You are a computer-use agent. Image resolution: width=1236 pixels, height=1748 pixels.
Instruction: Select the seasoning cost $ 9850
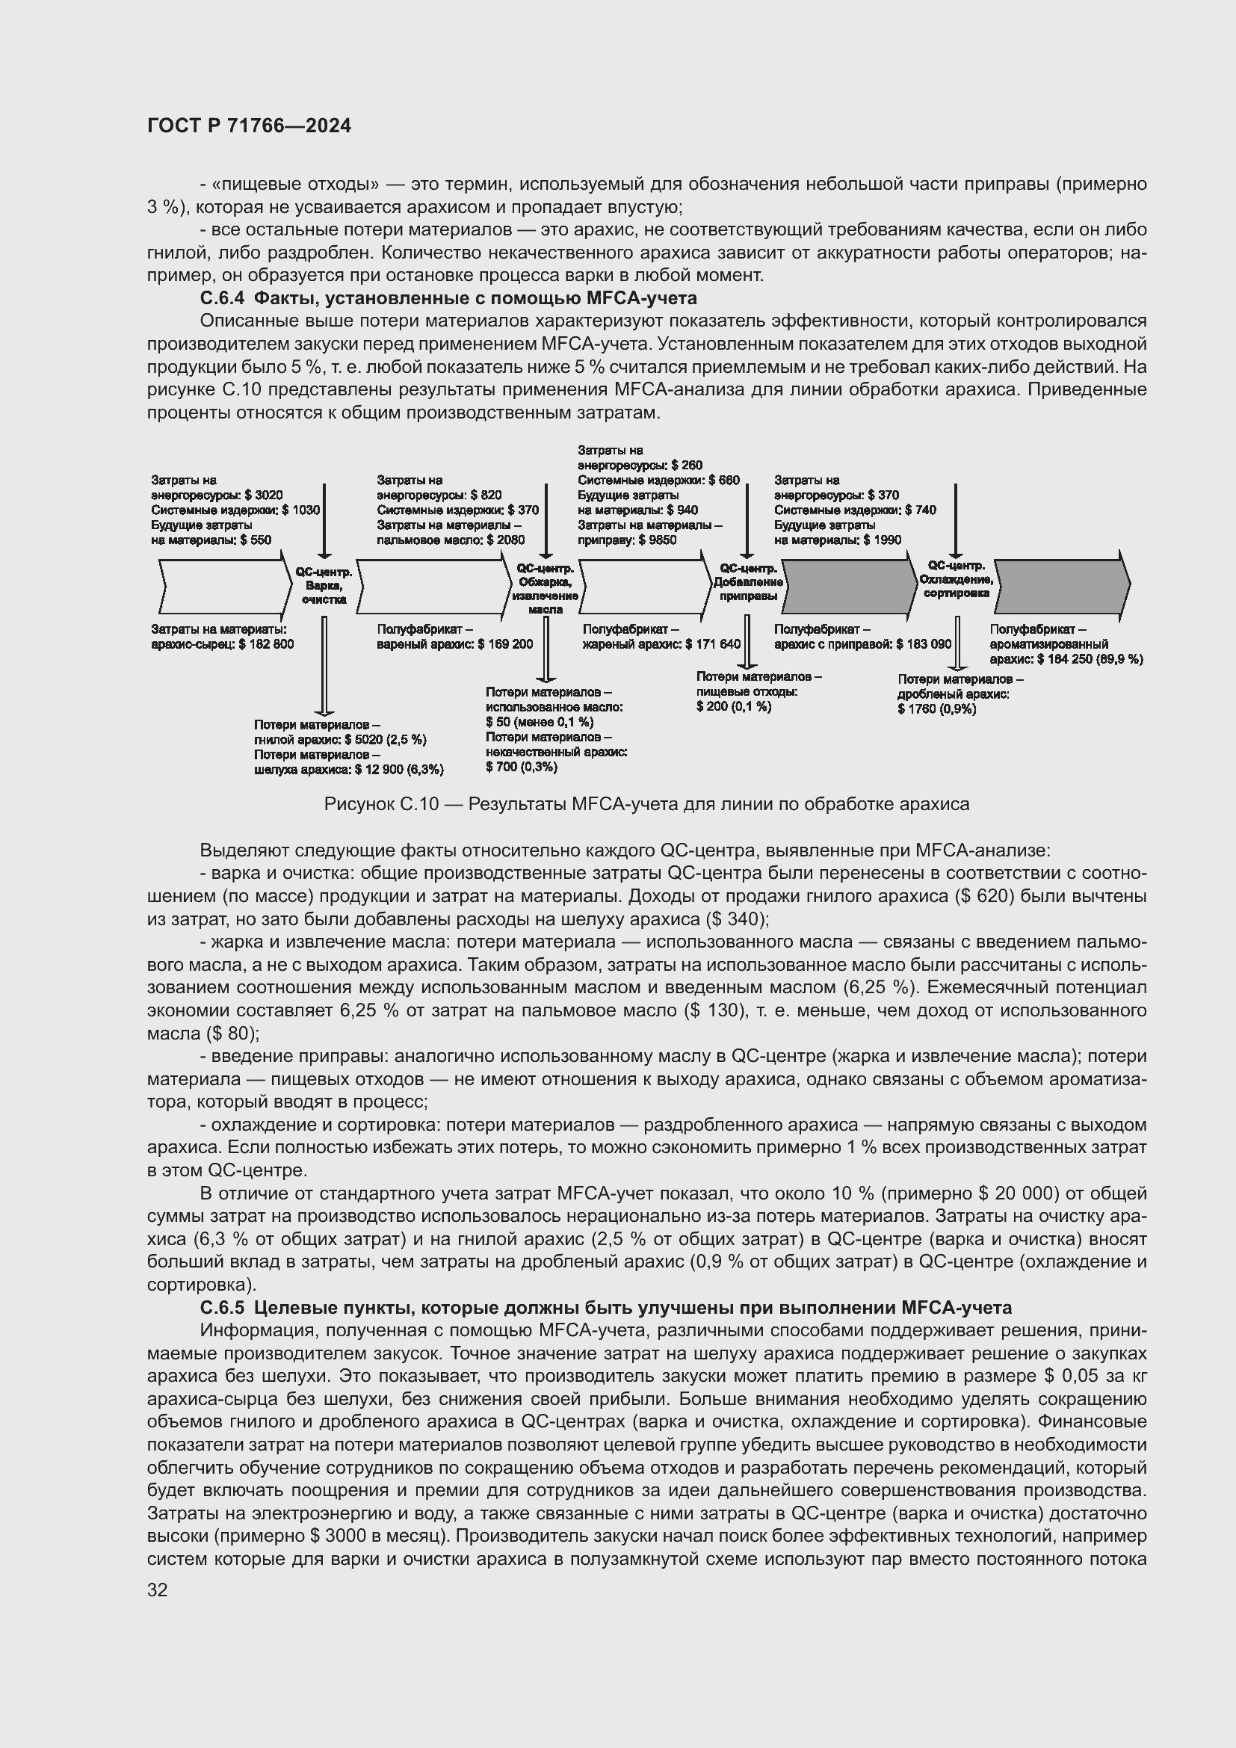(658, 540)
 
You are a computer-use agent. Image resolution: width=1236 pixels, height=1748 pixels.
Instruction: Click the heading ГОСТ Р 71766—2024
(249, 126)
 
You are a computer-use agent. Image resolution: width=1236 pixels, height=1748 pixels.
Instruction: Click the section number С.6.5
(222, 1308)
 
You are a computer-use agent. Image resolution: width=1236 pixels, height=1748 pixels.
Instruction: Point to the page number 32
(158, 1590)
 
